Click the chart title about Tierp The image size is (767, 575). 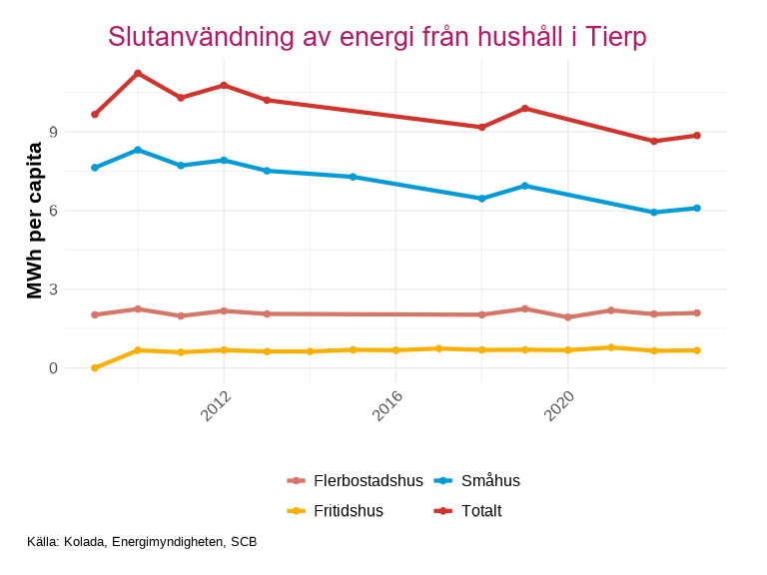(x=378, y=37)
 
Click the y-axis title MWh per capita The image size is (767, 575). (x=35, y=221)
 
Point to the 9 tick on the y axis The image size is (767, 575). (x=54, y=132)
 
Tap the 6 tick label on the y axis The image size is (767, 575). (x=54, y=211)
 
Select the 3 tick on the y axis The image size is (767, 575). (x=54, y=289)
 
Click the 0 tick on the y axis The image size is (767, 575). (x=54, y=368)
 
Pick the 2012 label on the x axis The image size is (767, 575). (x=215, y=405)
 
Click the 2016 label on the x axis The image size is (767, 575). (x=386, y=405)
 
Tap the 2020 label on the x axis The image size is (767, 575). (x=559, y=405)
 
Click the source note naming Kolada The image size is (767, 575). (x=143, y=542)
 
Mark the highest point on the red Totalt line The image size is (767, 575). (x=138, y=73)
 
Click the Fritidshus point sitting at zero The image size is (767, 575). (x=95, y=368)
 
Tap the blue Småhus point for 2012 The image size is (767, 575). (x=224, y=160)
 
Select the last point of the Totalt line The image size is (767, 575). (x=697, y=135)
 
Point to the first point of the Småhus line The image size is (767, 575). (x=95, y=168)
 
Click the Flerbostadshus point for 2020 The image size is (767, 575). (x=568, y=317)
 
